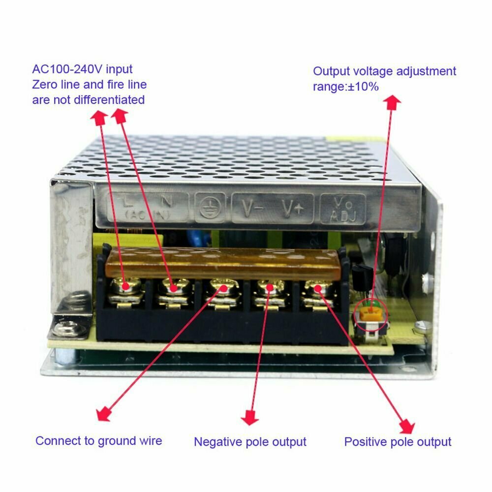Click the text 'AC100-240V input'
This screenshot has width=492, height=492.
pyautogui.click(x=82, y=69)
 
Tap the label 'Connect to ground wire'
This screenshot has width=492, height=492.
pyautogui.click(x=98, y=441)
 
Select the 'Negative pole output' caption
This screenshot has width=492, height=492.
pyautogui.click(x=250, y=442)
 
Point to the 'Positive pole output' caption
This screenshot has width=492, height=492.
pyautogui.click(x=398, y=442)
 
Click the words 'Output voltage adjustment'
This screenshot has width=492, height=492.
pyautogui.click(x=384, y=71)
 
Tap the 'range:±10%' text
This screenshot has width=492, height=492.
pyautogui.click(x=346, y=87)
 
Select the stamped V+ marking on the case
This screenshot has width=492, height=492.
pyautogui.click(x=292, y=208)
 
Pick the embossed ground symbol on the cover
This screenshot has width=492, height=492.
pyautogui.click(x=210, y=208)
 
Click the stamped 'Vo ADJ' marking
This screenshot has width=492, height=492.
pyautogui.click(x=343, y=209)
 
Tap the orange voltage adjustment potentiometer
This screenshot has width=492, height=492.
pyautogui.click(x=371, y=314)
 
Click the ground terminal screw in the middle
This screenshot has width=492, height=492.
pyautogui.click(x=223, y=288)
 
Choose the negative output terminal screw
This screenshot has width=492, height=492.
pyautogui.click(x=270, y=288)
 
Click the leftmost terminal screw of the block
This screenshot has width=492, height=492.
pyautogui.click(x=126, y=286)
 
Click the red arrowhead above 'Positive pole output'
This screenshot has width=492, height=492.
pyautogui.click(x=407, y=426)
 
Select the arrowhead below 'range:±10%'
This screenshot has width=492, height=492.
pyautogui.click(x=392, y=103)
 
